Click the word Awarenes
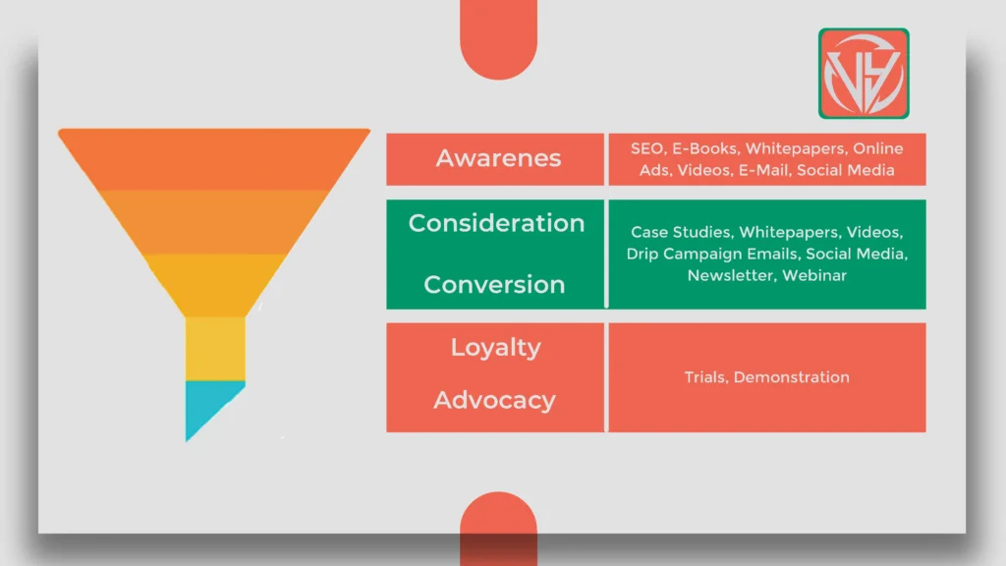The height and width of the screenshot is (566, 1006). point(498,158)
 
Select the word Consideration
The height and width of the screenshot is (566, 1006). point(496,223)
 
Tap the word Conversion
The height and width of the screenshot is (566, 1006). point(494,285)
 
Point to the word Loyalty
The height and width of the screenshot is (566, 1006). point(495,348)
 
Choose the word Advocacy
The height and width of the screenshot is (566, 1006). point(494,400)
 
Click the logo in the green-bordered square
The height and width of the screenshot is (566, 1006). point(864,74)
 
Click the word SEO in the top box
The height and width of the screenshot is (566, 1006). point(647,148)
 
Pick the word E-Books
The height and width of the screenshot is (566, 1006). point(704,148)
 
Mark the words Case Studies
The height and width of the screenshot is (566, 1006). point(680,233)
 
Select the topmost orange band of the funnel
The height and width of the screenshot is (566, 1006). point(214,158)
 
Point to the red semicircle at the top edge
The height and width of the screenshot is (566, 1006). point(498,39)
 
